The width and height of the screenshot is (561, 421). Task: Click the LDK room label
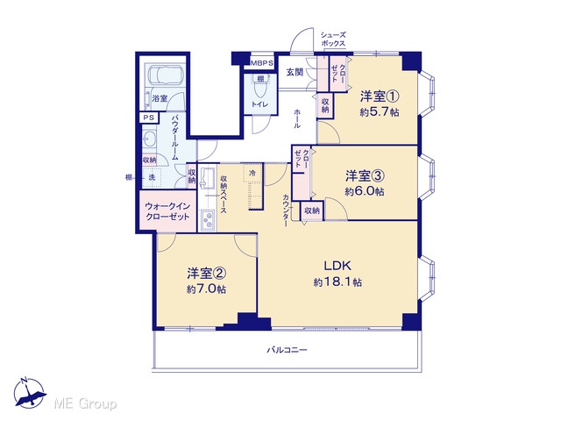point(337,266)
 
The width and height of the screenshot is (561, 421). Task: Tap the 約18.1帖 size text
point(337,282)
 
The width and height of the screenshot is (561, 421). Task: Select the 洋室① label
point(380,96)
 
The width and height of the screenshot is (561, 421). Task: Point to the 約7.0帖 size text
point(206,289)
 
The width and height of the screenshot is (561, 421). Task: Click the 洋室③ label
point(365,175)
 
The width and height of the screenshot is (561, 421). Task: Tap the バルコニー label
point(287,350)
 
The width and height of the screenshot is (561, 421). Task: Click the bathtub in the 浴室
point(165,75)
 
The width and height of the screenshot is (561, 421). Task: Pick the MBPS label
point(262,63)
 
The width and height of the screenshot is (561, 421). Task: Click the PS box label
point(148,118)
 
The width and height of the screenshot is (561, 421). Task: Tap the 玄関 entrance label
point(295,72)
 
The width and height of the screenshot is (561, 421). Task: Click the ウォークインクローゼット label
point(167,211)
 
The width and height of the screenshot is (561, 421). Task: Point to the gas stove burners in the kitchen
point(208,220)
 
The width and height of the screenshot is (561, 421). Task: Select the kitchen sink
point(207,177)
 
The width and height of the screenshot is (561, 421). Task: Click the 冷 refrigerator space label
point(252,174)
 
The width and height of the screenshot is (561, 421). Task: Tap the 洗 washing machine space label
point(152,177)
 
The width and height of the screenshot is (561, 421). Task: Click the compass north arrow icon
point(29,393)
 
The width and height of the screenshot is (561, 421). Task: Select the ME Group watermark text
point(85,404)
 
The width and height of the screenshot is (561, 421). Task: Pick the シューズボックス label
point(333,39)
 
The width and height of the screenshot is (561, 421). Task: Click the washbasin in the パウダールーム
point(149,138)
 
